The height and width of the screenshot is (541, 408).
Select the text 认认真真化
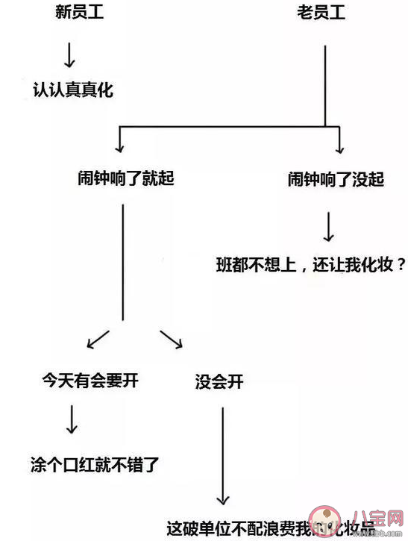(x=74, y=90)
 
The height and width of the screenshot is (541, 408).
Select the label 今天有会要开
(x=90, y=381)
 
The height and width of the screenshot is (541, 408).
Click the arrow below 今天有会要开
(x=72, y=421)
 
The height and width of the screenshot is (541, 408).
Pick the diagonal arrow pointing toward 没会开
(x=172, y=339)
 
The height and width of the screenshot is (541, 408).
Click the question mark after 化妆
(x=401, y=263)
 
